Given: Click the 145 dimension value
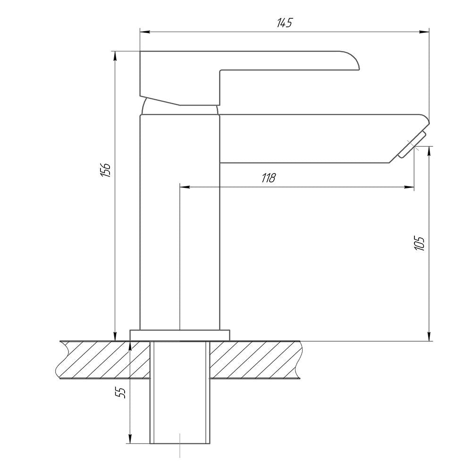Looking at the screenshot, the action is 285,23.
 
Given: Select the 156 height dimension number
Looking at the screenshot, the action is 106,170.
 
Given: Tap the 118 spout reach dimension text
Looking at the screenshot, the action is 269,178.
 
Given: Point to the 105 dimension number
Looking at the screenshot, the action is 419,244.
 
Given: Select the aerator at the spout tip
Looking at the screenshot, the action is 412,144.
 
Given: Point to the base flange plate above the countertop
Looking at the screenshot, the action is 180,335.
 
